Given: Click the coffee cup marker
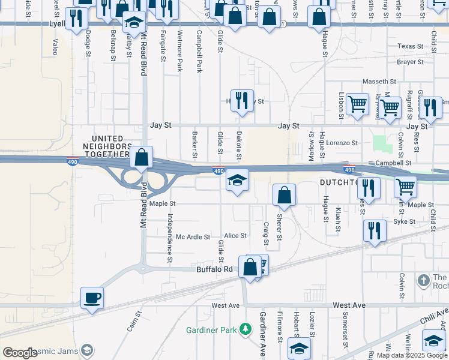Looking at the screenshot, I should coord(92,298).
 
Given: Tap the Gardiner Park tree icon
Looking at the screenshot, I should coord(245,328).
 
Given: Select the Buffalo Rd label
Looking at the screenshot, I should coord(214,269).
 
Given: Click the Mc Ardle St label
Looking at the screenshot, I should coord(193,237).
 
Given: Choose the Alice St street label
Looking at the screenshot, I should coord(235,236).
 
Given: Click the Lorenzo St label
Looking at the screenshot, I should coord(342,143).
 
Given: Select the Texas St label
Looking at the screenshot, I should coord(411,46).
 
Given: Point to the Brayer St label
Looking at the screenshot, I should coord(411,62).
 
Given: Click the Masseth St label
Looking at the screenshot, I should coord(379,81).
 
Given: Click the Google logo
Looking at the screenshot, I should coord(20,353).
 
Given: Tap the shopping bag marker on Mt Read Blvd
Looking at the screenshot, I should coord(141,158).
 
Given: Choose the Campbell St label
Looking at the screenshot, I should coord(393,163).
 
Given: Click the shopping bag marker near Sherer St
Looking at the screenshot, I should coord(285,196).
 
